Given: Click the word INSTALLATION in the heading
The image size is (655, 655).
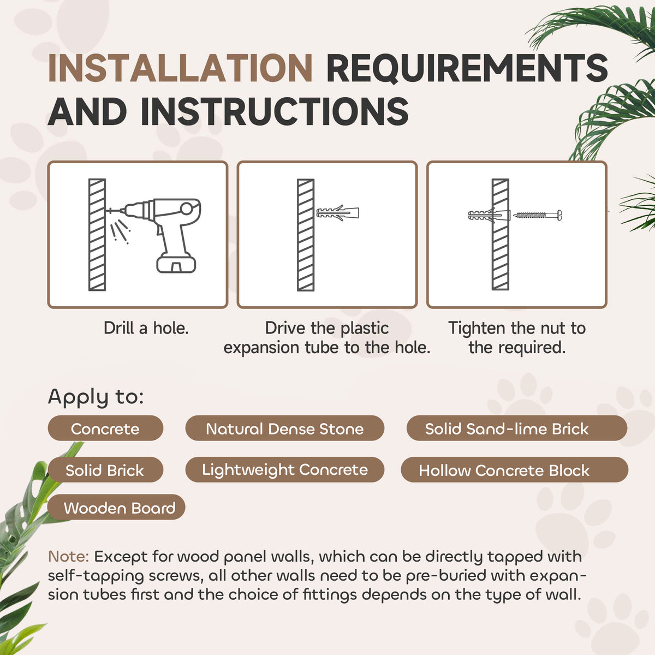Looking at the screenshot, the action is (180, 68).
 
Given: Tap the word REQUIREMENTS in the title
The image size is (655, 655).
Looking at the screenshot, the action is (467, 68).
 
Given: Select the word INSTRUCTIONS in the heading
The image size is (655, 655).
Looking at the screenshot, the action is (275, 111).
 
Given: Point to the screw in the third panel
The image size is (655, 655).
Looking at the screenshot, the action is (538, 215).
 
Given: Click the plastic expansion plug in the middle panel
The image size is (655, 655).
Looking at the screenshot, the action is (337, 213).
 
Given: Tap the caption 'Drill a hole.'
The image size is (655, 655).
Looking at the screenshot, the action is (146, 329).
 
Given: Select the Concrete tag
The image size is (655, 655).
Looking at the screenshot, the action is (105, 428).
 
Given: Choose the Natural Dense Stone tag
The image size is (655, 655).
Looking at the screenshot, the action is (285, 428).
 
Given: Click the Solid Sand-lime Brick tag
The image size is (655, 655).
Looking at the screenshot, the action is (517, 428).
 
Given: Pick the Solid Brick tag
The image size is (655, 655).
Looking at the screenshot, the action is (105, 470).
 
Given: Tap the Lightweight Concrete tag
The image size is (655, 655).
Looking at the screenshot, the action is (285, 470).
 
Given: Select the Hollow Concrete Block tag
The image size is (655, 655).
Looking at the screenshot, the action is (515, 470).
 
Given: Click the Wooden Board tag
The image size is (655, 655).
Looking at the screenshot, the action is (117, 508).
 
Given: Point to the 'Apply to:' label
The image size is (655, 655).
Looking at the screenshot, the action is (96, 397).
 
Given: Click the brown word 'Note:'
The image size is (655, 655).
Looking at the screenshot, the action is (68, 557).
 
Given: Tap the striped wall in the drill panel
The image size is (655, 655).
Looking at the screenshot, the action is (97, 235).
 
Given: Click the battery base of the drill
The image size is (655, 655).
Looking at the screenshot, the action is (176, 264).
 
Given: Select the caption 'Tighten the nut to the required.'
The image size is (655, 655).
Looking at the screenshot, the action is (517, 338).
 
